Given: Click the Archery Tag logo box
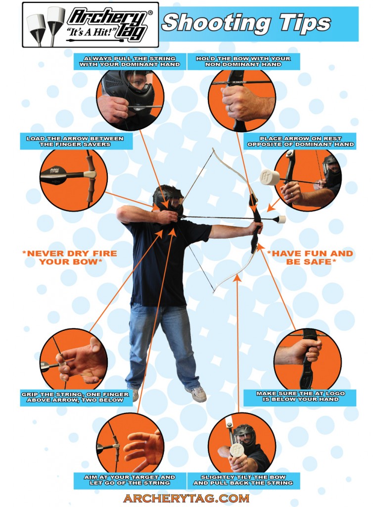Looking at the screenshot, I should point(90,25).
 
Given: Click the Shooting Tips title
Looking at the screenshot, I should point(246,23).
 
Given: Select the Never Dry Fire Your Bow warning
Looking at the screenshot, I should point(70,257).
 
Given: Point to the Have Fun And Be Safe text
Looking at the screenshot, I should point(310,257).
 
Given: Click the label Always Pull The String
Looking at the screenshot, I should point(130,61).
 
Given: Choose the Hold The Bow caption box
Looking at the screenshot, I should point(243,61).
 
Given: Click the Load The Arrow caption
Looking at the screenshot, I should point(75,141).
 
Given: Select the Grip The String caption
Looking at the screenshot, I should point(72,397).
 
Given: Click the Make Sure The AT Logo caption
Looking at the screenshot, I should point(300,396).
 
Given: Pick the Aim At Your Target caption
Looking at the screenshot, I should point(130,480).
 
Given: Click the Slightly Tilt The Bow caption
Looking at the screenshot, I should point(243,480).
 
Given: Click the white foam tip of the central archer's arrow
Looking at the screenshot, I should point(281,219).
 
